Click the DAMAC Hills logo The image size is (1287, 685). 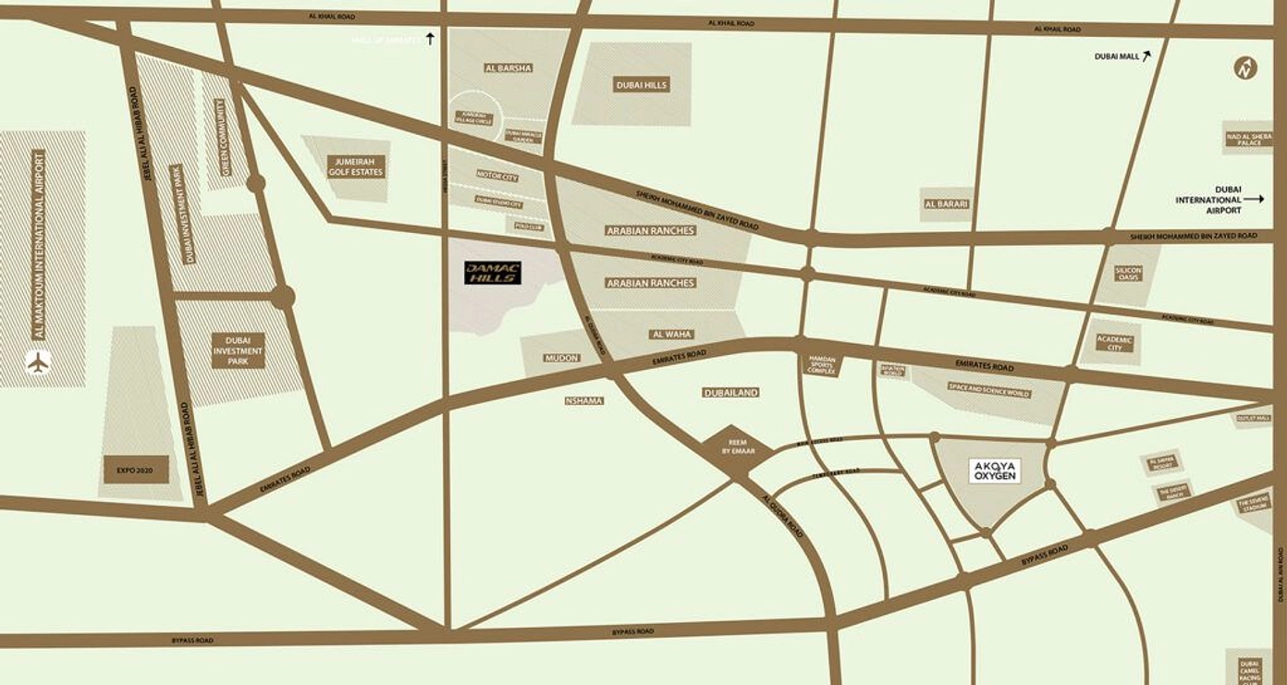pos(493,273)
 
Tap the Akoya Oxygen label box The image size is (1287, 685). pos(995,471)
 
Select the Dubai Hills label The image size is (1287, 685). pos(642,85)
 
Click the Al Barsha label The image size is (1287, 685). pos(509,67)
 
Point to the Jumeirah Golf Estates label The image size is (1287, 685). pos(355,166)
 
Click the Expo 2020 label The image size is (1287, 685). pos(135,470)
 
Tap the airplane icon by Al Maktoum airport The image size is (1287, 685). pos(38,362)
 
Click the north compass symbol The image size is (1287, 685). pos(1246,67)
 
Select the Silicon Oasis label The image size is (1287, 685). pos(1128,274)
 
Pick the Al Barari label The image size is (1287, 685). pos(946,204)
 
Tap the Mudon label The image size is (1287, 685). pos(561,358)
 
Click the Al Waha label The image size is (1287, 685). pos(672,335)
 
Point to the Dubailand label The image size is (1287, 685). pos(730,393)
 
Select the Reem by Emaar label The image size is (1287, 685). pos(737,446)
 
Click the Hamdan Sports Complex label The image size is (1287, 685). pos(821,362)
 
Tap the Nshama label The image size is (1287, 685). pos(583,401)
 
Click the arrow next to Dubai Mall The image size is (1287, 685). pos(1146,55)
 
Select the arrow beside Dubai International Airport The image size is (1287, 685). pos(1254,199)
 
